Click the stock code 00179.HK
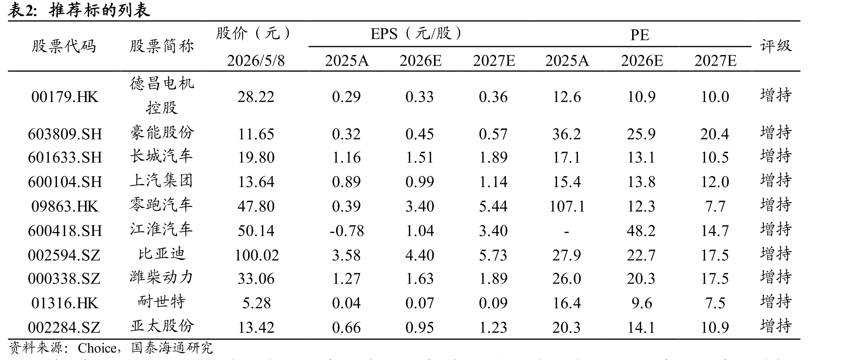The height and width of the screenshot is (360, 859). (65, 97)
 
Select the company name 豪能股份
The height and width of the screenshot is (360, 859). (162, 132)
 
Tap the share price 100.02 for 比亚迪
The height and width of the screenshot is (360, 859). (256, 255)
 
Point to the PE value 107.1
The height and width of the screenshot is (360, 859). (567, 206)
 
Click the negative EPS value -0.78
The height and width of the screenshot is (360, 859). (346, 231)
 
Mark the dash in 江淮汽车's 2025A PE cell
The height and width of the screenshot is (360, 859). (566, 232)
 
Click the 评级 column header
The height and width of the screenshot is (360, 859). (776, 46)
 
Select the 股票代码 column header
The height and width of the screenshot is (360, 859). (64, 46)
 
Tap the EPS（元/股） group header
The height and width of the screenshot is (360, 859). (416, 34)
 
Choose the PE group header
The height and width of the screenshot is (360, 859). (640, 35)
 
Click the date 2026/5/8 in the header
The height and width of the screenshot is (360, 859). (256, 60)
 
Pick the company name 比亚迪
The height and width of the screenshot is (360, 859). (162, 254)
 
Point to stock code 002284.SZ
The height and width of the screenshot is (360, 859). (64, 328)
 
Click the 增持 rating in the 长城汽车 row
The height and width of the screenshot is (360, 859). (776, 156)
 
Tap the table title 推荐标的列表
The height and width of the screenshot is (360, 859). (99, 10)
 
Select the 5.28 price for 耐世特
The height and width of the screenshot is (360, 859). (256, 303)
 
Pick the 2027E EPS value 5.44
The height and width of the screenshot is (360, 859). (493, 206)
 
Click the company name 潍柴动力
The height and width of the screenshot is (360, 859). (162, 277)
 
